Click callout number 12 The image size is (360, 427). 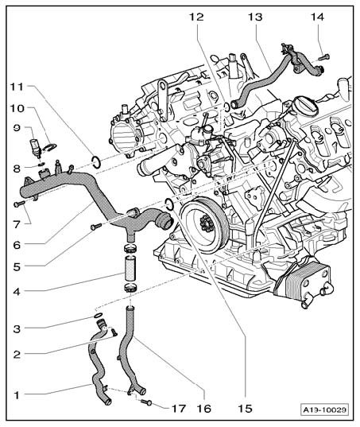click(x=196, y=17)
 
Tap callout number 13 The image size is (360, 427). click(x=255, y=17)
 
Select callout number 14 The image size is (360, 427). click(x=317, y=17)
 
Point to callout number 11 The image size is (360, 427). click(x=17, y=87)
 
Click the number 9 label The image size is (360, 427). click(x=17, y=128)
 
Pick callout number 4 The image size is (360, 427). click(x=17, y=292)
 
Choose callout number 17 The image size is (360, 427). click(x=178, y=408)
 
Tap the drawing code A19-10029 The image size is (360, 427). click(x=325, y=410)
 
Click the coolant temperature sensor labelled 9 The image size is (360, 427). click(x=36, y=148)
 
